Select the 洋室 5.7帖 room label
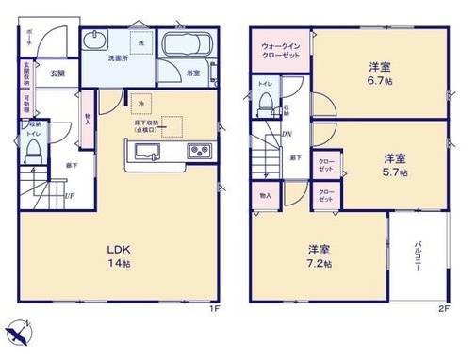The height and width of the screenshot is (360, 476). [x=395, y=164]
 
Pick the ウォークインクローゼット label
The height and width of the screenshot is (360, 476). [x=280, y=50]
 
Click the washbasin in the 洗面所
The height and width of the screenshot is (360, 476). [x=97, y=43]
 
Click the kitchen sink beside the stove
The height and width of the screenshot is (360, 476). [x=150, y=151]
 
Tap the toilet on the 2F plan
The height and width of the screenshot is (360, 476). [x=265, y=102]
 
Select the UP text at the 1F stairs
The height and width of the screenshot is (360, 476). [x=69, y=195]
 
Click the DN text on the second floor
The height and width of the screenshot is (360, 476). [x=285, y=134]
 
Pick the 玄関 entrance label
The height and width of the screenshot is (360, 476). [x=57, y=73]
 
